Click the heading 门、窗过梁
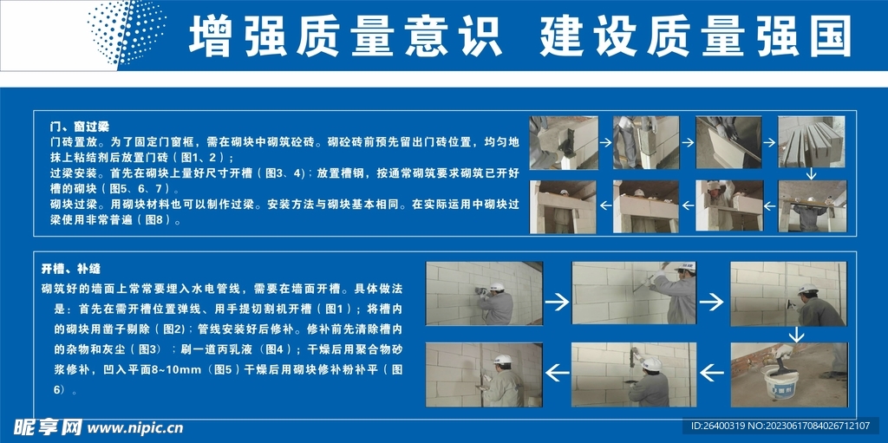coord(79,127)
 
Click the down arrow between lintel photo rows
coord(811,174)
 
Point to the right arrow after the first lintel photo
coord(605,143)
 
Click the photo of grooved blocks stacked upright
coord(811,142)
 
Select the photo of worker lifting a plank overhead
coord(811,205)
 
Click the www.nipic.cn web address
coord(136,427)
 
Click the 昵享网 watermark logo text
coord(47,427)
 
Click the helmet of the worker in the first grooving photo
coord(497,287)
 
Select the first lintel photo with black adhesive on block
coord(564,142)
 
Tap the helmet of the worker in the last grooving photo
coord(502,360)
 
